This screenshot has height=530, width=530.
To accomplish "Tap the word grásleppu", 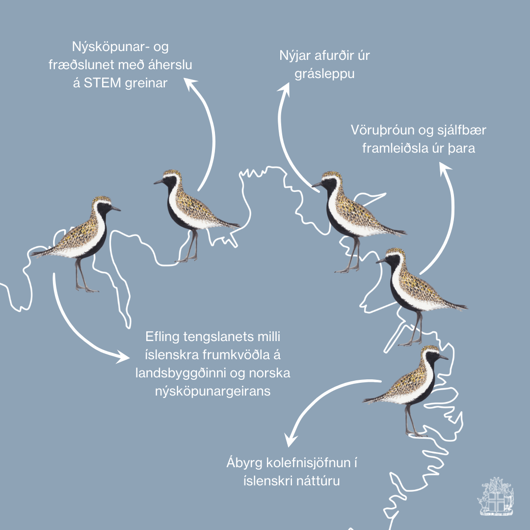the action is click(324, 74).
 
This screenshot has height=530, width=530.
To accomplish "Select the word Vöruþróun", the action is click(383, 130).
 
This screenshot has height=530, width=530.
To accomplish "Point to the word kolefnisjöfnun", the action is click(306, 462).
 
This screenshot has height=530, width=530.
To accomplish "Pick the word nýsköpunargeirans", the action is click(213, 392).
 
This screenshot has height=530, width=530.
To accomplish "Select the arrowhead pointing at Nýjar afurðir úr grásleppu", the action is click(285, 89).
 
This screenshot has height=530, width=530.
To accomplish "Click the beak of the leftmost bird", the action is click(116, 209).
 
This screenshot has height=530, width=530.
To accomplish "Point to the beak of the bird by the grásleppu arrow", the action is click(317, 185).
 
